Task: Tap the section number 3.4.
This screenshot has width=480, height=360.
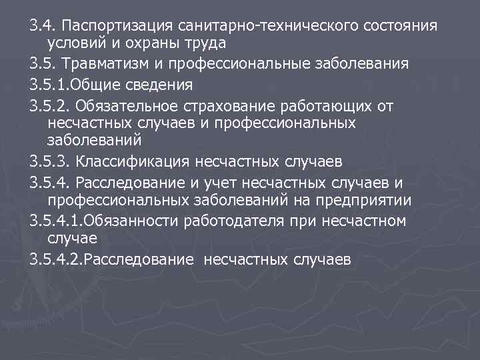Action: point(41,26)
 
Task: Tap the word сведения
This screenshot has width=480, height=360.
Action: point(159,85)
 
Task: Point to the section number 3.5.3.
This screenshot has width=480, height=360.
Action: point(50,161)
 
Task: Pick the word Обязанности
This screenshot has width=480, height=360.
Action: point(126,220)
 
